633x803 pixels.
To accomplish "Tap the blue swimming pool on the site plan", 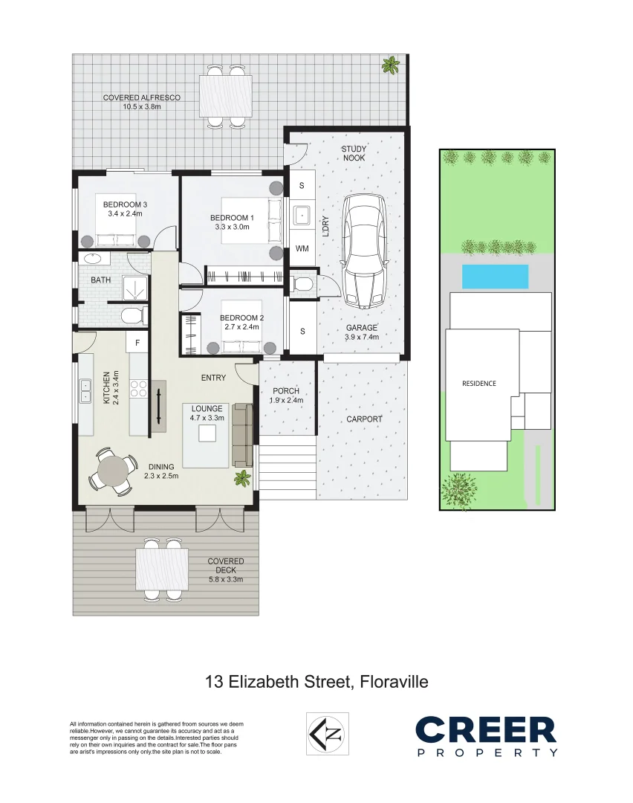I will (x=495, y=277).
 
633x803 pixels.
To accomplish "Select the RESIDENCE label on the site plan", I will (x=479, y=384).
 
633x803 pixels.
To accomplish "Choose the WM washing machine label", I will (x=302, y=248).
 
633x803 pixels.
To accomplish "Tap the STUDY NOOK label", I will (x=354, y=153).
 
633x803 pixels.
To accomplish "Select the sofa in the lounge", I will (x=243, y=434).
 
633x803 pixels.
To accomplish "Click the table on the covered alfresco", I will (x=225, y=96).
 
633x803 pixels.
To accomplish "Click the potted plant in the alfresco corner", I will (x=389, y=66).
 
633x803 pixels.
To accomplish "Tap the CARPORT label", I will (x=364, y=419).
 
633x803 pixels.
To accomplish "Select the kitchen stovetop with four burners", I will (x=138, y=387).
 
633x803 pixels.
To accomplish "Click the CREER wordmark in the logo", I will (x=485, y=730).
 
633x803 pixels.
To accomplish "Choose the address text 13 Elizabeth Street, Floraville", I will (x=316, y=681).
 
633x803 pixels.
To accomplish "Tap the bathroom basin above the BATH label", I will (x=94, y=259).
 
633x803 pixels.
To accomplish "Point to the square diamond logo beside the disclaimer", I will (x=328, y=734).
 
